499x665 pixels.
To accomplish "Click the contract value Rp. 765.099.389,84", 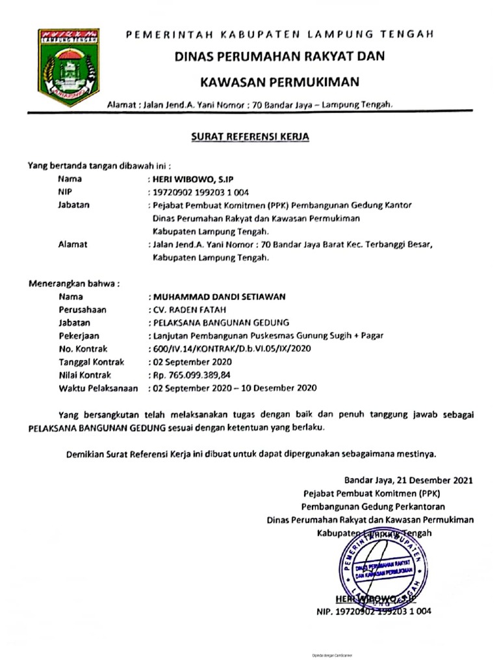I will pyautogui.click(x=192, y=375).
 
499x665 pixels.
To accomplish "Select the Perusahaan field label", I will pyautogui.click(x=82, y=310).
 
